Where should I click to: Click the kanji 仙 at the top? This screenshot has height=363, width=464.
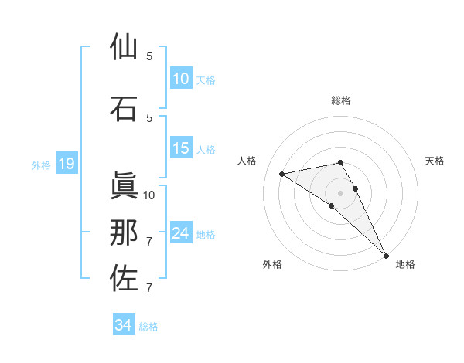click(x=124, y=47)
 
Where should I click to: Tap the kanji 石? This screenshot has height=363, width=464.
click(x=124, y=107)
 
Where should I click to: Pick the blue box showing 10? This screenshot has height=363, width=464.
click(x=181, y=79)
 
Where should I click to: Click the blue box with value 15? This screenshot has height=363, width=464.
click(x=181, y=149)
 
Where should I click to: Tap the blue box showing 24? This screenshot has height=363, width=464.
click(x=181, y=233)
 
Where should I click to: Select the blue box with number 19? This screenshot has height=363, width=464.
click(x=66, y=164)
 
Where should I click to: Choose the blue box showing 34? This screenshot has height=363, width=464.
click(x=124, y=325)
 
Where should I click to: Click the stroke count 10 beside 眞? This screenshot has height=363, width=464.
click(x=149, y=195)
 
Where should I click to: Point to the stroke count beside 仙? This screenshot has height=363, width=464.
click(x=149, y=56)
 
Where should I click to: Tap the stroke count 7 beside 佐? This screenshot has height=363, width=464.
click(x=149, y=288)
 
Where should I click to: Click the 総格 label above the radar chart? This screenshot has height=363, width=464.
click(x=341, y=100)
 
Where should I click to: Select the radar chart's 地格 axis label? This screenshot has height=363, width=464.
click(x=405, y=264)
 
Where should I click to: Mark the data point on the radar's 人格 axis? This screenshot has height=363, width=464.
click(x=282, y=174)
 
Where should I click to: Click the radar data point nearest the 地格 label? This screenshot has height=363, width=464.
click(x=386, y=255)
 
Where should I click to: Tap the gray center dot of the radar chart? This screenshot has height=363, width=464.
click(x=341, y=192)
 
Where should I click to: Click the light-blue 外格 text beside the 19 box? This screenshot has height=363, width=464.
click(x=41, y=165)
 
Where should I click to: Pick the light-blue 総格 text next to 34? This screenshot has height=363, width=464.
click(x=148, y=327)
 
